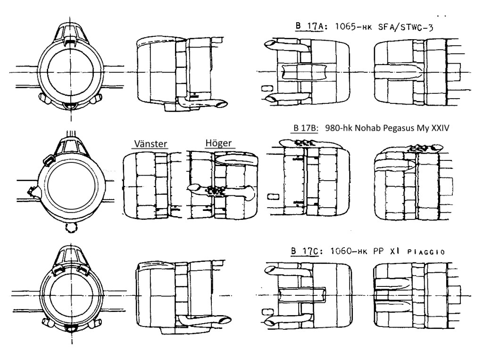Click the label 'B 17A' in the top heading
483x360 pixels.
pos(309,26)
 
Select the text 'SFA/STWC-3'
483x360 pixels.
pos(406,27)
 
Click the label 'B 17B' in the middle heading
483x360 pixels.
pos(305,128)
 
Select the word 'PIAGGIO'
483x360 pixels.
pos(426,252)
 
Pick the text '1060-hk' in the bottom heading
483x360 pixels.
pos(349,251)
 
